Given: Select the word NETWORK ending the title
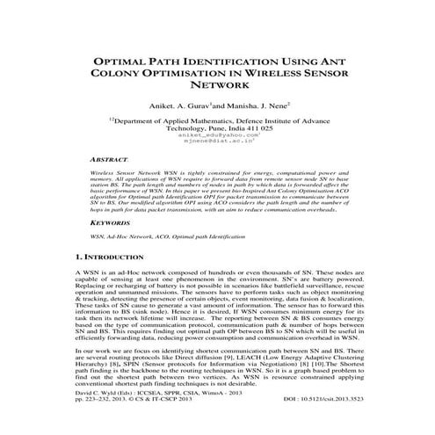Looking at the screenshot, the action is point(217,91).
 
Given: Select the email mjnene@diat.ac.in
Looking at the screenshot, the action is point(217,142).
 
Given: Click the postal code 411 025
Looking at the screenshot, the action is point(254,127).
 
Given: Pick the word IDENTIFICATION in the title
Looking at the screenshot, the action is point(230,62).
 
